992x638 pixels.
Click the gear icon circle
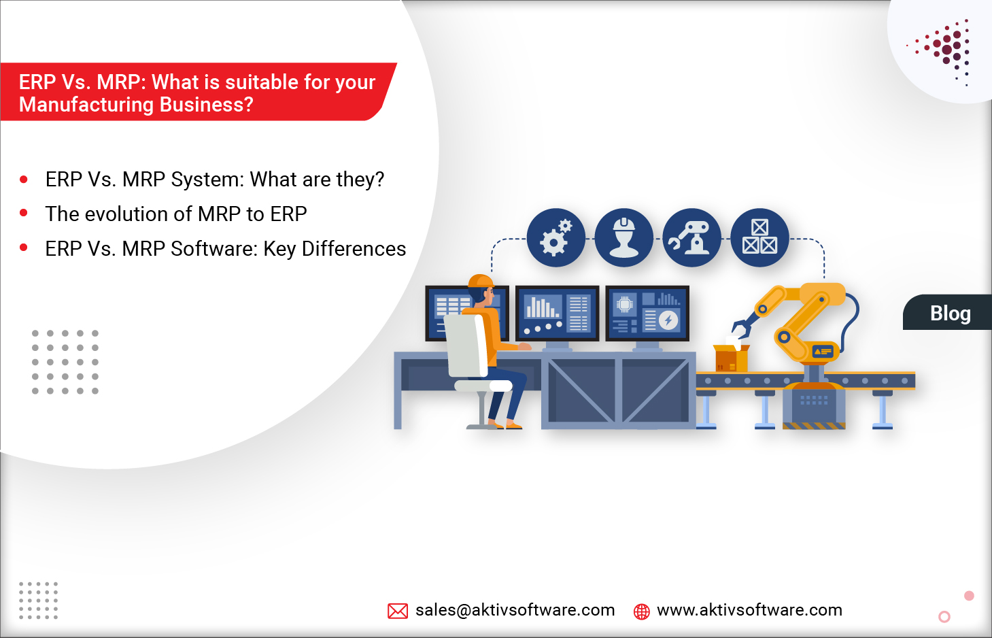(x=555, y=237)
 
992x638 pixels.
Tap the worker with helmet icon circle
(x=623, y=237)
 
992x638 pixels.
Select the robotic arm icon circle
(x=691, y=237)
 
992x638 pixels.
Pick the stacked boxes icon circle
(x=759, y=237)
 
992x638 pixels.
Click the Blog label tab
(x=950, y=313)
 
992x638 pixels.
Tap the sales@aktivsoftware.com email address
(x=515, y=610)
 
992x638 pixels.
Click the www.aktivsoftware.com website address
(x=749, y=610)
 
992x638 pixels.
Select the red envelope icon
(x=398, y=611)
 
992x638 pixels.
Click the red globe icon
(x=641, y=611)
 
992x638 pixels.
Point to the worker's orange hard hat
(x=481, y=282)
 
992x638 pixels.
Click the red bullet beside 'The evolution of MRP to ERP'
(x=24, y=214)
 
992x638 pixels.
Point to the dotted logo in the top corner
(x=945, y=50)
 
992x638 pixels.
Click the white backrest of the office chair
(x=465, y=346)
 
